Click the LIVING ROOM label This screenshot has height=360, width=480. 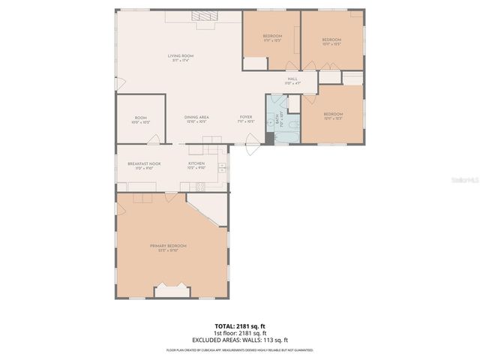[x=181, y=56]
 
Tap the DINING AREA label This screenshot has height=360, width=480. [x=196, y=117]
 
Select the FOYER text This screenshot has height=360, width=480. [x=245, y=117]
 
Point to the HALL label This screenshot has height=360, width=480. [x=292, y=79]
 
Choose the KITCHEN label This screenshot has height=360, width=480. [x=196, y=164]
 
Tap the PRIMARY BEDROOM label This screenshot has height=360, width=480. [x=168, y=247]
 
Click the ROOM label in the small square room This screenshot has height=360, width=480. [x=140, y=118]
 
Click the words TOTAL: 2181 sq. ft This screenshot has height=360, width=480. [x=240, y=327]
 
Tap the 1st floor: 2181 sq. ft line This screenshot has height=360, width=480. [x=240, y=333]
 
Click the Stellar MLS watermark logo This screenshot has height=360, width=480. [x=465, y=180]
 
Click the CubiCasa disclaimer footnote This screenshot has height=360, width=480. [x=240, y=349]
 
